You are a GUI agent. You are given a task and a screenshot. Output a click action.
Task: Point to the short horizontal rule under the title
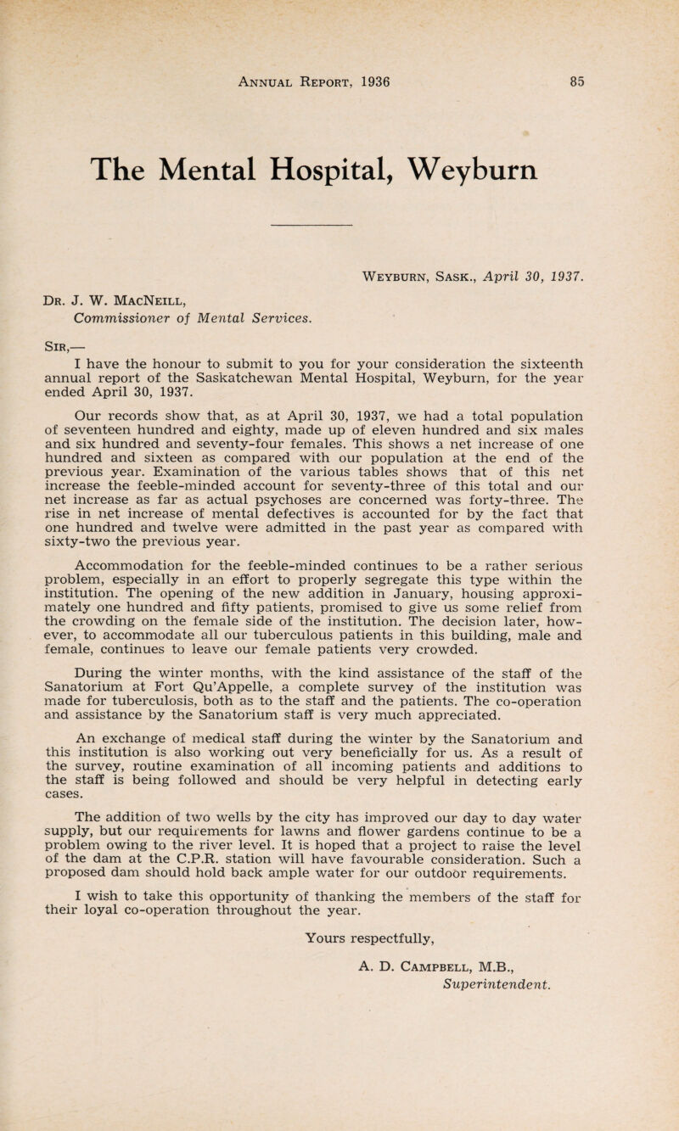pyautogui.click(x=315, y=225)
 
